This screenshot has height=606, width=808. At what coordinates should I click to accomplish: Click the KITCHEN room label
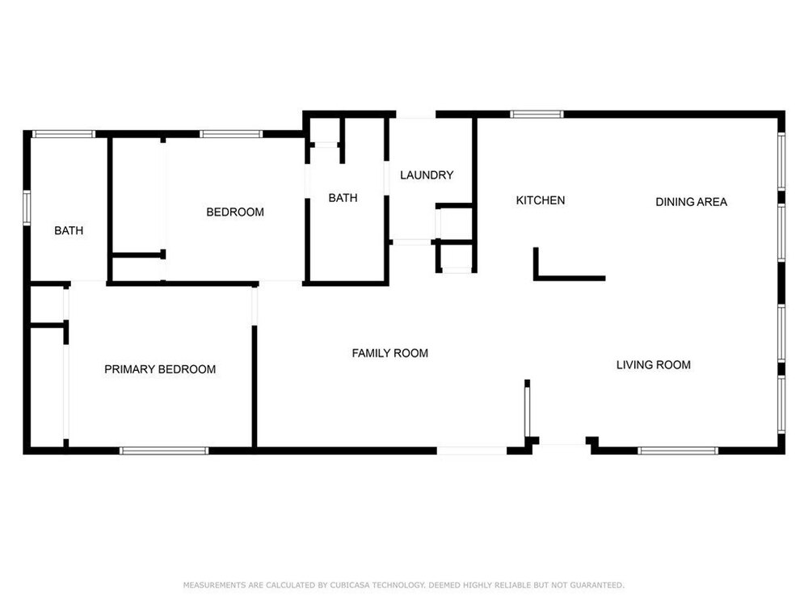(540, 200)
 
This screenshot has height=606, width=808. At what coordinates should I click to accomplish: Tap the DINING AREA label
(691, 202)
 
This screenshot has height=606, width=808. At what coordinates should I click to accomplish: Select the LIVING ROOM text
(654, 365)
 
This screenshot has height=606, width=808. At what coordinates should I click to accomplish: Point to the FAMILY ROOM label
(389, 353)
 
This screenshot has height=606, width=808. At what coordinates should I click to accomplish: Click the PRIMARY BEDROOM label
(160, 369)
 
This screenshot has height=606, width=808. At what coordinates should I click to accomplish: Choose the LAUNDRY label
(427, 175)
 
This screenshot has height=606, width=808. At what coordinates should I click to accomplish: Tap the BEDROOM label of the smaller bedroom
(235, 212)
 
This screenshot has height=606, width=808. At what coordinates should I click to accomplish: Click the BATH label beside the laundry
(343, 198)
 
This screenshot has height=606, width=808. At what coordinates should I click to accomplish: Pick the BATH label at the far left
(69, 230)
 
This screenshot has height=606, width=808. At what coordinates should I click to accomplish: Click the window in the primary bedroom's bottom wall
(164, 451)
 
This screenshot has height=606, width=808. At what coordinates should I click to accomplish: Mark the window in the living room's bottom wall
(678, 451)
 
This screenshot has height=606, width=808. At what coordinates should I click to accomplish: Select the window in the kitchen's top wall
(537, 115)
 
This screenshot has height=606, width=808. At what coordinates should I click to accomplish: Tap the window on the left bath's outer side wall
(27, 208)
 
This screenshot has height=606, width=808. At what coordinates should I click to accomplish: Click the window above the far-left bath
(64, 134)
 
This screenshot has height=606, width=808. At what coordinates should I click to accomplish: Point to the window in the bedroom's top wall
(231, 134)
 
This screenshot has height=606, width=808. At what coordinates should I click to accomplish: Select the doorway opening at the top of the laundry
(416, 115)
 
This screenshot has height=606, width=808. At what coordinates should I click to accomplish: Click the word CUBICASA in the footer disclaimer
(349, 585)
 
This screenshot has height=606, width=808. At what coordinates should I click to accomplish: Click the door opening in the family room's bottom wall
(472, 451)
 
